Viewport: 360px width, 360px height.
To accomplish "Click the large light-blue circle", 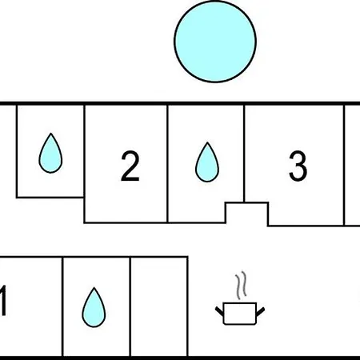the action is point(215,42).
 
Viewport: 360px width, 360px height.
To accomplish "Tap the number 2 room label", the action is point(130,166).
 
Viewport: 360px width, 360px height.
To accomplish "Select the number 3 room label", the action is point(298,166).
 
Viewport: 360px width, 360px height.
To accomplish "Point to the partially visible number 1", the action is point(2,301).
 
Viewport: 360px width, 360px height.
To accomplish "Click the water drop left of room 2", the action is point(50,154).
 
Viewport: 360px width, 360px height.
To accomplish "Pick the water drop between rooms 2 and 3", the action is point(207,162).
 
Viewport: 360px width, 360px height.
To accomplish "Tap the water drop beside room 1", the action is point(94,307).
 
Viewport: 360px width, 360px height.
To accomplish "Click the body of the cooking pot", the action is point(240,314).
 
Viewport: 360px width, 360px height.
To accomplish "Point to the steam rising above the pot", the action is point(241,286).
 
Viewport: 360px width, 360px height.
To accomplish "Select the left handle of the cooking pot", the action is point(219,311).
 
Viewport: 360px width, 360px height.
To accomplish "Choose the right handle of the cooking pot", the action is point(260,311).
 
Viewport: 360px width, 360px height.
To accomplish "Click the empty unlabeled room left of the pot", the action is point(159,306).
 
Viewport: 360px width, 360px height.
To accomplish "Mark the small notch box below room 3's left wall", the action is point(247,213).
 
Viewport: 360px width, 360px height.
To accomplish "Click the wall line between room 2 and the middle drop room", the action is point(167,164).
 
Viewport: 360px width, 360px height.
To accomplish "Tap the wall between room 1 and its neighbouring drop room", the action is point(62,306).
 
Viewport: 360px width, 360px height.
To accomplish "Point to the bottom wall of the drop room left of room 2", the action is point(50,198).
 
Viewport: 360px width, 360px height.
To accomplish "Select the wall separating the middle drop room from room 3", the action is point(244,154).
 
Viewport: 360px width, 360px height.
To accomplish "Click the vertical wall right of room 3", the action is point(344,166).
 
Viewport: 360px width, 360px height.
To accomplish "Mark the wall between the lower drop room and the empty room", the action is point(130,306).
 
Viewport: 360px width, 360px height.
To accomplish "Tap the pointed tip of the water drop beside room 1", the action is point(94,287).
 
